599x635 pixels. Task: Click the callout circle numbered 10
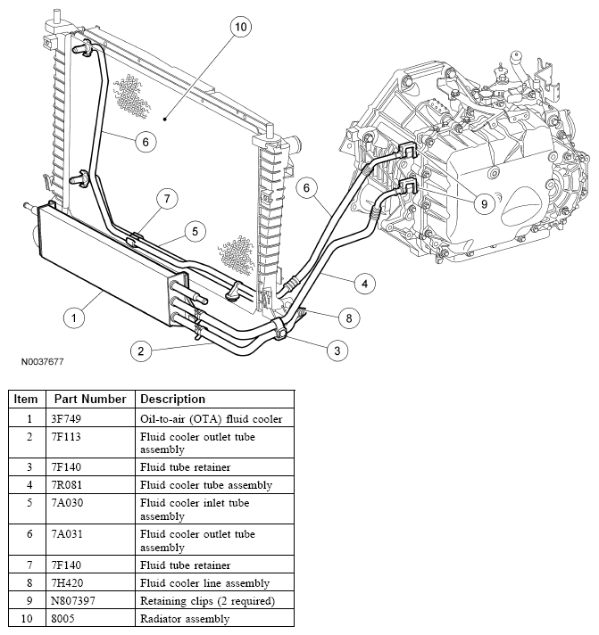(239, 28)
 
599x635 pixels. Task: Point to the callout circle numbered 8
(348, 317)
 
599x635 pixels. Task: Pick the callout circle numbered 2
(140, 350)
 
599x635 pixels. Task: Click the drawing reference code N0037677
(42, 363)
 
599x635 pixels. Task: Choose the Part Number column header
(88, 399)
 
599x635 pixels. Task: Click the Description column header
(173, 399)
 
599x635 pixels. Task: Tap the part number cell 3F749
(71, 419)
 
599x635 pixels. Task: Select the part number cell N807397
(78, 601)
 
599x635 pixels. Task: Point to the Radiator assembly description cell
(184, 618)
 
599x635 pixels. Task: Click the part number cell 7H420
(71, 583)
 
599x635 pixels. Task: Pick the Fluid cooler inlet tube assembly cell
(197, 509)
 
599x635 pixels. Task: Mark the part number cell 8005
(67, 618)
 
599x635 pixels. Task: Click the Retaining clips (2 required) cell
(207, 601)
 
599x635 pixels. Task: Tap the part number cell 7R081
(71, 485)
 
